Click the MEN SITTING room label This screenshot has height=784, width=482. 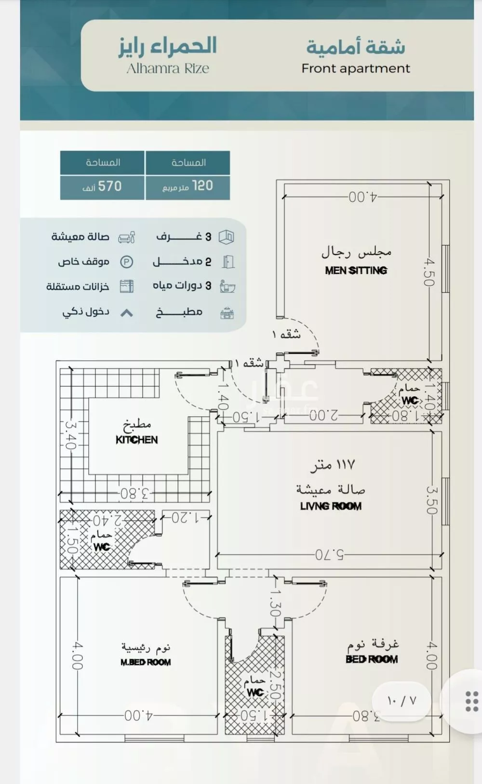pos(356,270)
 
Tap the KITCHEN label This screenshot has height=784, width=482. pos(136,439)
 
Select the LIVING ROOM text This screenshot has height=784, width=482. pos(331,506)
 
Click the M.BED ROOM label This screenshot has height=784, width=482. pos(146,662)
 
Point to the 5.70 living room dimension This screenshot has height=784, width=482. pos(330,555)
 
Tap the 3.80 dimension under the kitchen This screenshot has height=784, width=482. pos(135,493)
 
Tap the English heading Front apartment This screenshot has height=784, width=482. pos(356,68)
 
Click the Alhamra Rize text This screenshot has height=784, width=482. pos(168,68)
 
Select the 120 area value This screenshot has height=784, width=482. pos(202,186)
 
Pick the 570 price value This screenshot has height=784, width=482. pos(110,186)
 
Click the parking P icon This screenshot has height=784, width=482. pos(126,262)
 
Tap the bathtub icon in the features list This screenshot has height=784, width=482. pos(227,286)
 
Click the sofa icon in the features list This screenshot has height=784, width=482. pos(126,237)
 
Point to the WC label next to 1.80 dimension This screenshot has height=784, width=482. pos(410,400)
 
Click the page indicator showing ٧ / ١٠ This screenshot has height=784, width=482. pos(401,700)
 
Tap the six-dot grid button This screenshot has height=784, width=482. pos(471,701)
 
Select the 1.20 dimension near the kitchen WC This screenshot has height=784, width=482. pos(186,518)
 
